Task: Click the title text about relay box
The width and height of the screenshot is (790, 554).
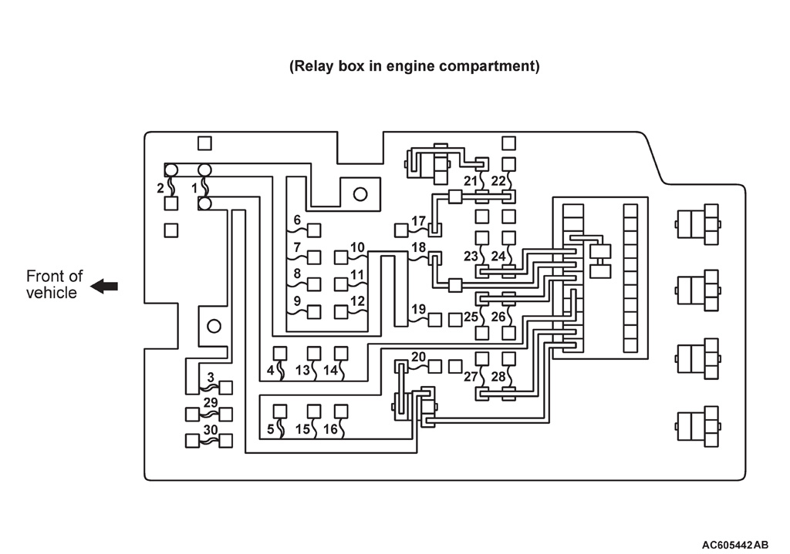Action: pyautogui.click(x=414, y=65)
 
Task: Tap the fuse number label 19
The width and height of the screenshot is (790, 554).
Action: pyautogui.click(x=418, y=310)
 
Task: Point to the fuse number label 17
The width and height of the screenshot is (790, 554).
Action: pyautogui.click(x=418, y=221)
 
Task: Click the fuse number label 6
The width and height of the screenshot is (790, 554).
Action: pyautogui.click(x=296, y=220)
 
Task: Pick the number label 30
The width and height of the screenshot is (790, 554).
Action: pyautogui.click(x=210, y=429)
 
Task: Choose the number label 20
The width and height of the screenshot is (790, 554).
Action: pyautogui.click(x=418, y=357)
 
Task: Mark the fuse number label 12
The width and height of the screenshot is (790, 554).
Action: pyautogui.click(x=357, y=301)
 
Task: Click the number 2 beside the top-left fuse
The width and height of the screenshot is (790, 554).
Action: pyautogui.click(x=160, y=187)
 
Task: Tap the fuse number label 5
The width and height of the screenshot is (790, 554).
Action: pyautogui.click(x=270, y=430)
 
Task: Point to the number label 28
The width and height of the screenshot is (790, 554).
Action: pyautogui.click(x=498, y=377)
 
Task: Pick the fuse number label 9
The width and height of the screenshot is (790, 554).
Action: pyautogui.click(x=296, y=301)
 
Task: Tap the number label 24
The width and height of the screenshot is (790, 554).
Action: pyautogui.click(x=498, y=256)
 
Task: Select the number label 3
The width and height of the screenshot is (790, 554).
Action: pyautogui.click(x=210, y=378)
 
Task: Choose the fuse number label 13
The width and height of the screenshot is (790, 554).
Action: pyautogui.click(x=303, y=371)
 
